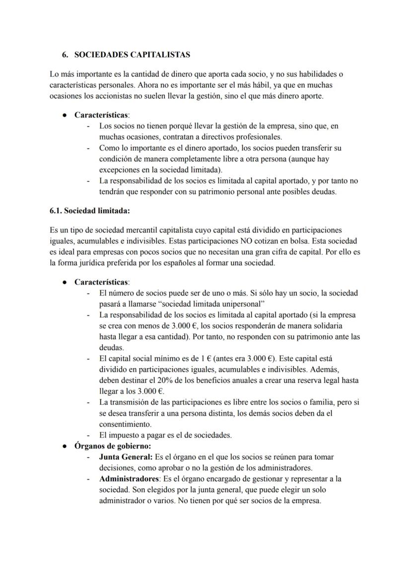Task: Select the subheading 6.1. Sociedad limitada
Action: pos(90,210)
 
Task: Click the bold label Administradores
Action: pos(127,479)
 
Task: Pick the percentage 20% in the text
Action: pos(155,380)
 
